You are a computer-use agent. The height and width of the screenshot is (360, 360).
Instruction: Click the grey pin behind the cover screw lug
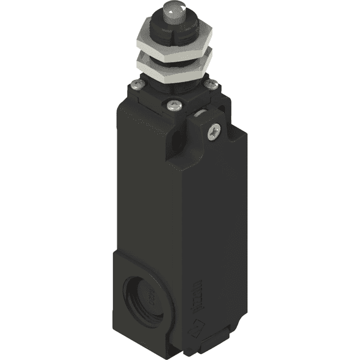coord(198,113)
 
